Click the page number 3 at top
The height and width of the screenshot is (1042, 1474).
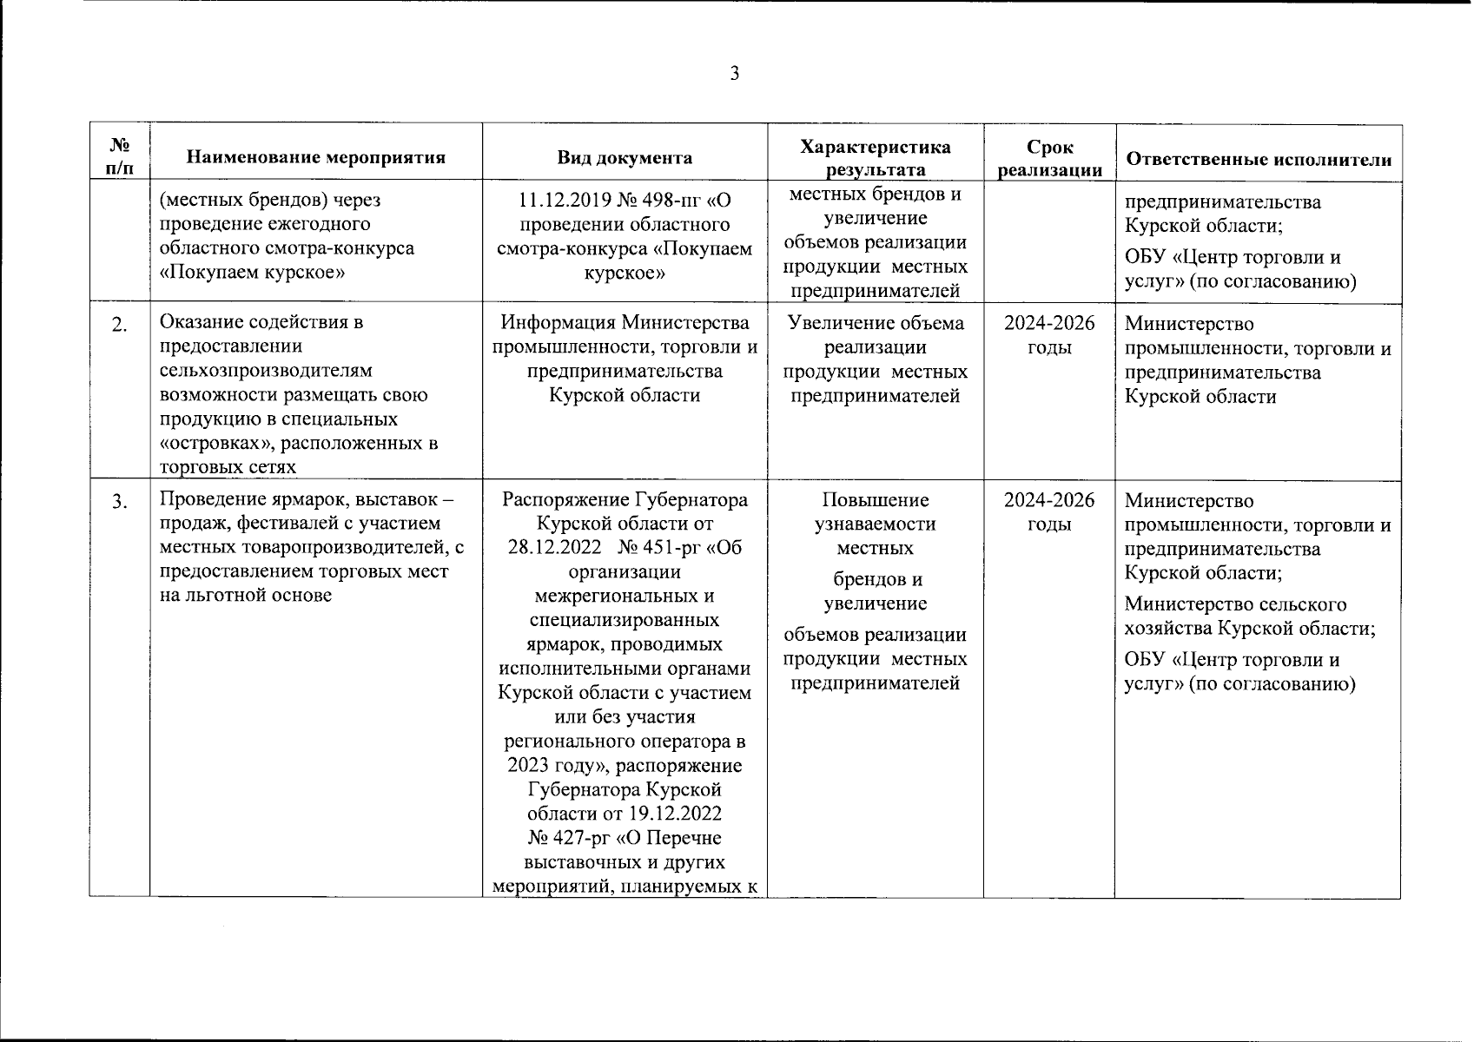[x=735, y=74]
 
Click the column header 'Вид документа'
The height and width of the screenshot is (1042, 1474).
[x=625, y=158]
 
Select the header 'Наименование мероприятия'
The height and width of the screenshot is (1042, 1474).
[x=315, y=158]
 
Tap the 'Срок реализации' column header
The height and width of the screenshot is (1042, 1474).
[x=1049, y=159]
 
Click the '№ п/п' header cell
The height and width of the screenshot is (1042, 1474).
[x=120, y=156]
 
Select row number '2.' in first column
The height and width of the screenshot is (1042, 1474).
[x=120, y=325]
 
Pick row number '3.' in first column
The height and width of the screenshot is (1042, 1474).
[x=120, y=502]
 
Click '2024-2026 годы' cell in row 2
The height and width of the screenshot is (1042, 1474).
[x=1049, y=335]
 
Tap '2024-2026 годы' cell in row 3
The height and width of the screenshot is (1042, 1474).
[x=1049, y=512]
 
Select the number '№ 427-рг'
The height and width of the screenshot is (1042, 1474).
[x=565, y=839]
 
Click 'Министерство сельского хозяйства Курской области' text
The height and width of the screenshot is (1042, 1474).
[x=1249, y=617]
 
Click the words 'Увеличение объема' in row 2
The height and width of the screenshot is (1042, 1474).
[x=875, y=324]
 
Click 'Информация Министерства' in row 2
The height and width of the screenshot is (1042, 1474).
[x=625, y=324]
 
